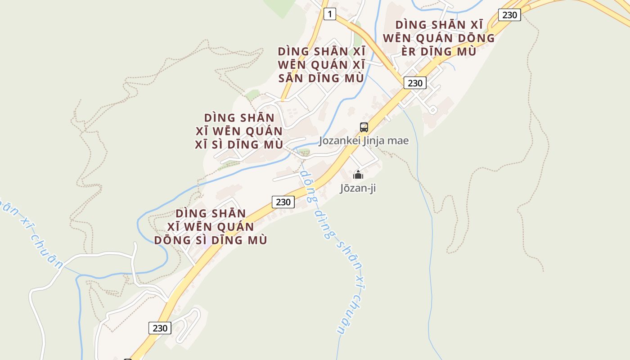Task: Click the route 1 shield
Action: (x=330, y=14)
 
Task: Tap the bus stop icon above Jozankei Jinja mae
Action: (x=364, y=127)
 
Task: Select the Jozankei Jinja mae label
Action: (x=364, y=141)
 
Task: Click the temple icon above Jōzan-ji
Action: (x=358, y=175)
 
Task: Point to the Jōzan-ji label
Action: (x=358, y=188)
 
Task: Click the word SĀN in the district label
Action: (x=290, y=78)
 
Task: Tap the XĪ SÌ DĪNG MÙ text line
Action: (x=239, y=145)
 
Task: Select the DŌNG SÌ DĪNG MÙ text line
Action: (x=211, y=240)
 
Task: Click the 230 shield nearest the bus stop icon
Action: (x=414, y=83)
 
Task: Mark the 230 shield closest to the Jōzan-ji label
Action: (x=283, y=202)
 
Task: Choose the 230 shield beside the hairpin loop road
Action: (x=160, y=328)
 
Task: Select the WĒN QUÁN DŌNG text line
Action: (x=439, y=38)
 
